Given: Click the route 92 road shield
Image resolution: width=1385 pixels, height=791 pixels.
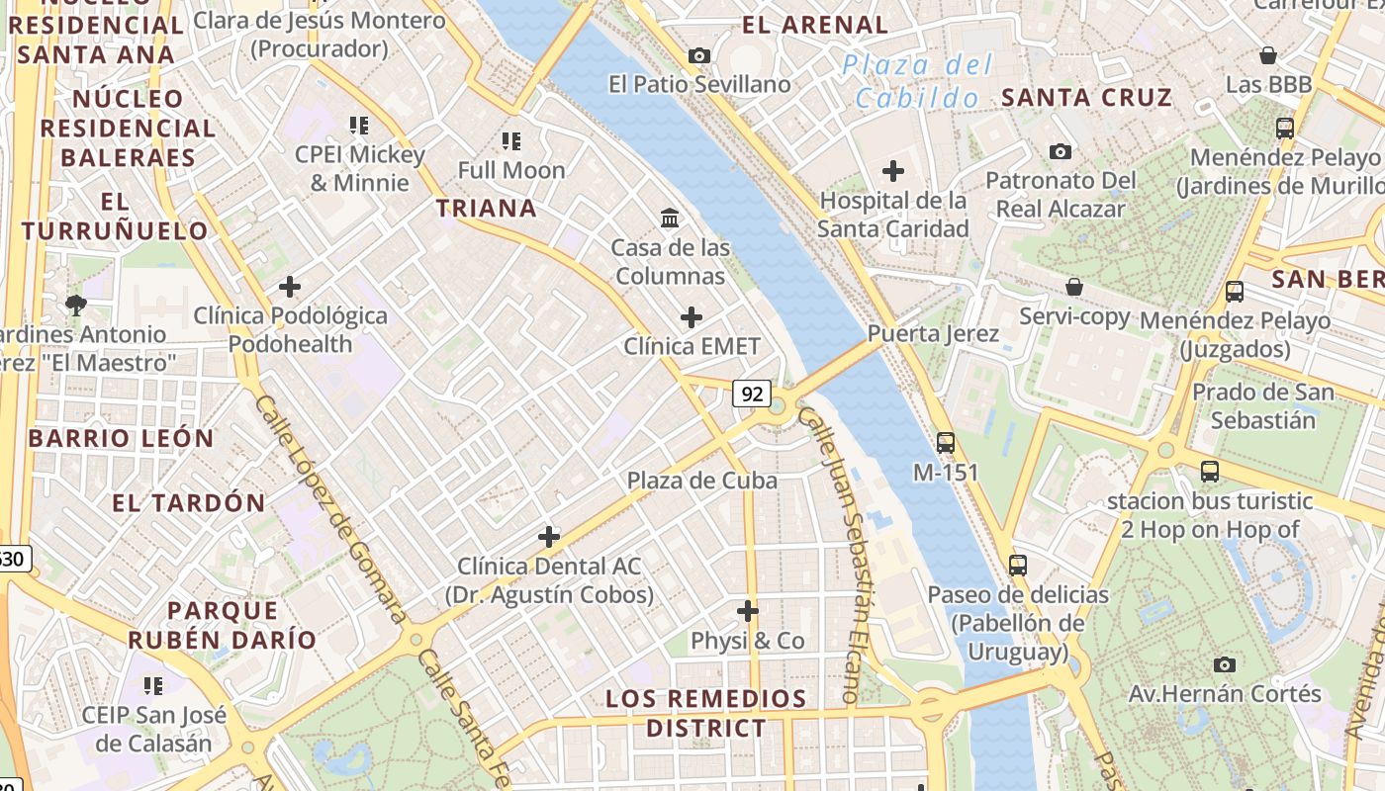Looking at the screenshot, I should [752, 394].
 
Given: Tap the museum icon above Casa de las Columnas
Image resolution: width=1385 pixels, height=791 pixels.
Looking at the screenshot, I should [670, 218].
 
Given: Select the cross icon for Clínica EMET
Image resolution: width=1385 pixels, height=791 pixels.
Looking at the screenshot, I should [692, 317].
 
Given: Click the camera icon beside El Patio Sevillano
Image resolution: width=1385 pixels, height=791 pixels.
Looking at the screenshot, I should [699, 55].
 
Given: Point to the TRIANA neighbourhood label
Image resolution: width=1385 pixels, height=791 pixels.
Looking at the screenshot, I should [487, 208].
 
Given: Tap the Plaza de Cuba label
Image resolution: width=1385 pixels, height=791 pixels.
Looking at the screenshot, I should [701, 481].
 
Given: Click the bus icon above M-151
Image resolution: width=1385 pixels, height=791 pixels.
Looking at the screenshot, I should [946, 443].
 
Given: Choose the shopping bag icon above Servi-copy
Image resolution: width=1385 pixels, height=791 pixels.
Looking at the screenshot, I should [1074, 288].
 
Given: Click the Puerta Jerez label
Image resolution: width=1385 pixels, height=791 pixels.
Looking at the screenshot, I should [933, 333].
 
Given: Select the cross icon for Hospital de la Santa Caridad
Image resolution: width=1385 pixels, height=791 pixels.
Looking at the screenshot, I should [893, 171].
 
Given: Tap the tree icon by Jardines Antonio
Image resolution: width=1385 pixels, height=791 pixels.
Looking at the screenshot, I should [75, 305].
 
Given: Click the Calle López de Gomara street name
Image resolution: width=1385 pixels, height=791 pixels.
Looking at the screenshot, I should [330, 509].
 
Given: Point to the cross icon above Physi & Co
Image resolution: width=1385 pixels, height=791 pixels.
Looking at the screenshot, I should [748, 611].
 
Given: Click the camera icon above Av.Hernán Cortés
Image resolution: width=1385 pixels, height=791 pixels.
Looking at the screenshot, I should [1225, 664].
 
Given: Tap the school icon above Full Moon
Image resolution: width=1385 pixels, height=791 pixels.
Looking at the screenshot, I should [510, 141].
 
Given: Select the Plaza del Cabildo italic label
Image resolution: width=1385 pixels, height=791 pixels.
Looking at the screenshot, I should [917, 82].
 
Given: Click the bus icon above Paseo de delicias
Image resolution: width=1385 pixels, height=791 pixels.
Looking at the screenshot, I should [1018, 566].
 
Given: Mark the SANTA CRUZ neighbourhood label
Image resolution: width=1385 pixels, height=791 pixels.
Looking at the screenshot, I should [1086, 97].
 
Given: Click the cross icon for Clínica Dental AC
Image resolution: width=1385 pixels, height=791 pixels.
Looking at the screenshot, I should [549, 537].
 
